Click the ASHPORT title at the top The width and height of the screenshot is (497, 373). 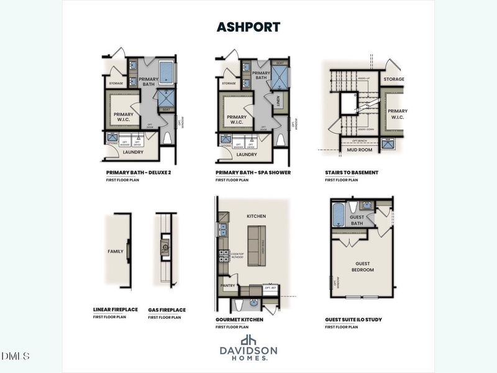pos(248,27)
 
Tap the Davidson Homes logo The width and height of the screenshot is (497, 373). pos(248,348)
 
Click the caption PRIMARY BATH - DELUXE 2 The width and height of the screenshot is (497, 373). pos(138,172)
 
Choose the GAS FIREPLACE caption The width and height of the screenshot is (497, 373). pos(166,310)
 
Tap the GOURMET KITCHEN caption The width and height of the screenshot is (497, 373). pos(239,320)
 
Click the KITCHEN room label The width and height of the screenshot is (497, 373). pos(256,216)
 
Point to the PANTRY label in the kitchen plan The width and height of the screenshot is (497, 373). pos(227,287)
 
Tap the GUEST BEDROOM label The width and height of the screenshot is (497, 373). pos(362,267)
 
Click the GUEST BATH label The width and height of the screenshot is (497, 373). pos(356,220)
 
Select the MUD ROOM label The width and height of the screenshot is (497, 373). pos(358,150)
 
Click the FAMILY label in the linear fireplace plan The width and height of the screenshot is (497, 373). pos(116,252)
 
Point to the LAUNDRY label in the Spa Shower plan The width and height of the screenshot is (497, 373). pos(247,154)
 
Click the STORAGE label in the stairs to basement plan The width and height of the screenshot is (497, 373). pos(393,80)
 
